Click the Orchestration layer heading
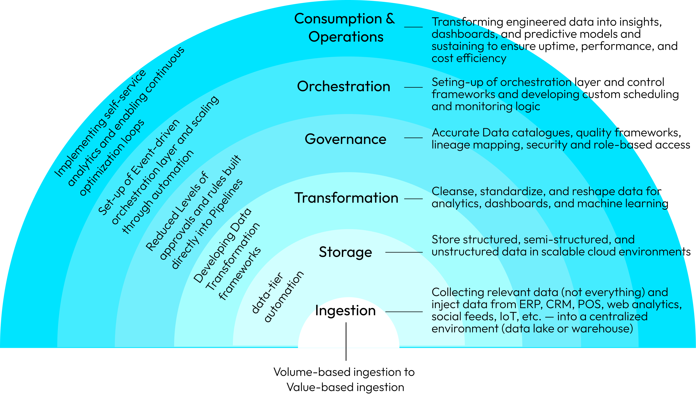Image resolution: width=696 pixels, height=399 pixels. (x=343, y=87)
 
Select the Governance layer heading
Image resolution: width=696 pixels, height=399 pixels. (x=345, y=139)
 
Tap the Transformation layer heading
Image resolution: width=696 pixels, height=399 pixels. (x=346, y=198)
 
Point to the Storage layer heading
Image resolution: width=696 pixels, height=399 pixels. (x=345, y=252)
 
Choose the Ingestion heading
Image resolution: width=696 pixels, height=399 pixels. (x=345, y=311)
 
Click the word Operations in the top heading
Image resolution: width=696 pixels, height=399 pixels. (x=346, y=37)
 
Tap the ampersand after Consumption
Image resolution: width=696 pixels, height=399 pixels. (x=390, y=19)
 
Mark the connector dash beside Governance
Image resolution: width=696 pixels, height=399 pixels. (x=413, y=138)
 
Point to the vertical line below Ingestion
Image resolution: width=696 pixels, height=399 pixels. (x=346, y=335)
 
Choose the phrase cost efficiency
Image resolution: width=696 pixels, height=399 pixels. (x=469, y=58)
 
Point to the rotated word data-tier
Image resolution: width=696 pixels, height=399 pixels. (x=267, y=293)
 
